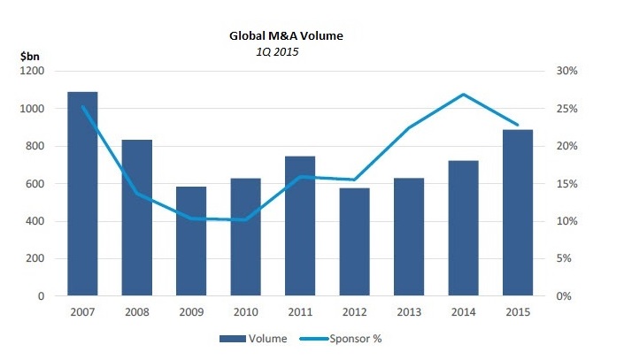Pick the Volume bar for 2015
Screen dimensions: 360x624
517,212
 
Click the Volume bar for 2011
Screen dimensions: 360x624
300,226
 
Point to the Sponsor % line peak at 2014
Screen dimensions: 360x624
463,95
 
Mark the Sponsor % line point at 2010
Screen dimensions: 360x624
245,219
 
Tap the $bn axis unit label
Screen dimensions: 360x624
29,56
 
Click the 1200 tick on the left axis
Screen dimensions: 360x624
34,71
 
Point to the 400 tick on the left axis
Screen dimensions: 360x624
36,221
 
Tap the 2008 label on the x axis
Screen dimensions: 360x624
136,312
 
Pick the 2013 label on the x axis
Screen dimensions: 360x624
408,312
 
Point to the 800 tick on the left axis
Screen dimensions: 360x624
36,146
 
